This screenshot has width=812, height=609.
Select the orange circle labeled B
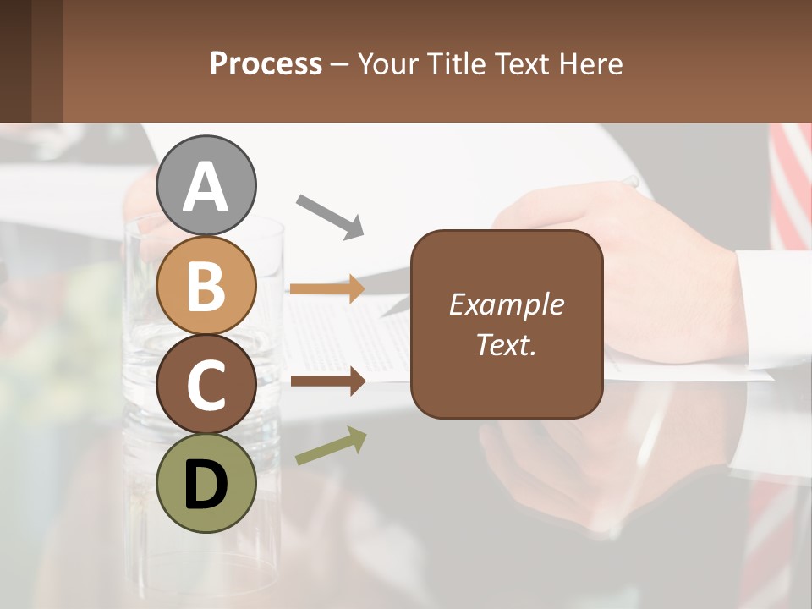tap(206, 285)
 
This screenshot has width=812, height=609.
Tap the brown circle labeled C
tap(206, 385)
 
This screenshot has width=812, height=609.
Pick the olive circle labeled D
tap(206, 483)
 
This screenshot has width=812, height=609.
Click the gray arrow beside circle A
tap(330, 216)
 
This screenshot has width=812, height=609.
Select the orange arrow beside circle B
tap(327, 288)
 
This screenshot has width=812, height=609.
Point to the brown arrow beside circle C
tap(328, 381)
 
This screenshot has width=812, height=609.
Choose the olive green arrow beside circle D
tap(331, 446)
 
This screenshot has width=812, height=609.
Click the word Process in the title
tap(266, 63)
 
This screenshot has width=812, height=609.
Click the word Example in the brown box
tap(506, 304)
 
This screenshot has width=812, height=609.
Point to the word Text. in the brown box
tap(506, 344)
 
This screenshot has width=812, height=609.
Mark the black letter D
tap(206, 486)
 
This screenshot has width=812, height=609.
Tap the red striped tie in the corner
tap(790, 186)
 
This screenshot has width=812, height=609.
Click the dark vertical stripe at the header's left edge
tap(15, 61)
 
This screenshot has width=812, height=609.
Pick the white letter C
tap(206, 386)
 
